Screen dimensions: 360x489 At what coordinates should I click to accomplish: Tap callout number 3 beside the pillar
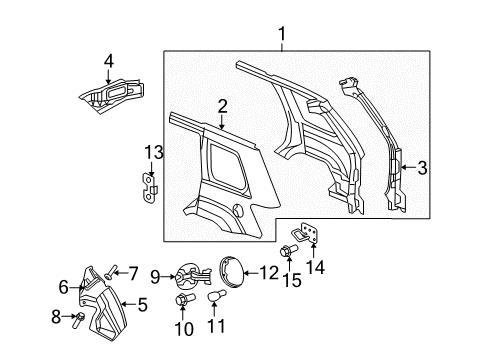click(422, 167)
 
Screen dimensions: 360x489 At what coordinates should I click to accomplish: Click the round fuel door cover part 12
click(237, 272)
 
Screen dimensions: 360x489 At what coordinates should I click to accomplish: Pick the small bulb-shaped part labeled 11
click(214, 298)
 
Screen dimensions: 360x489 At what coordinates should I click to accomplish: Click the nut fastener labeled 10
click(182, 299)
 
